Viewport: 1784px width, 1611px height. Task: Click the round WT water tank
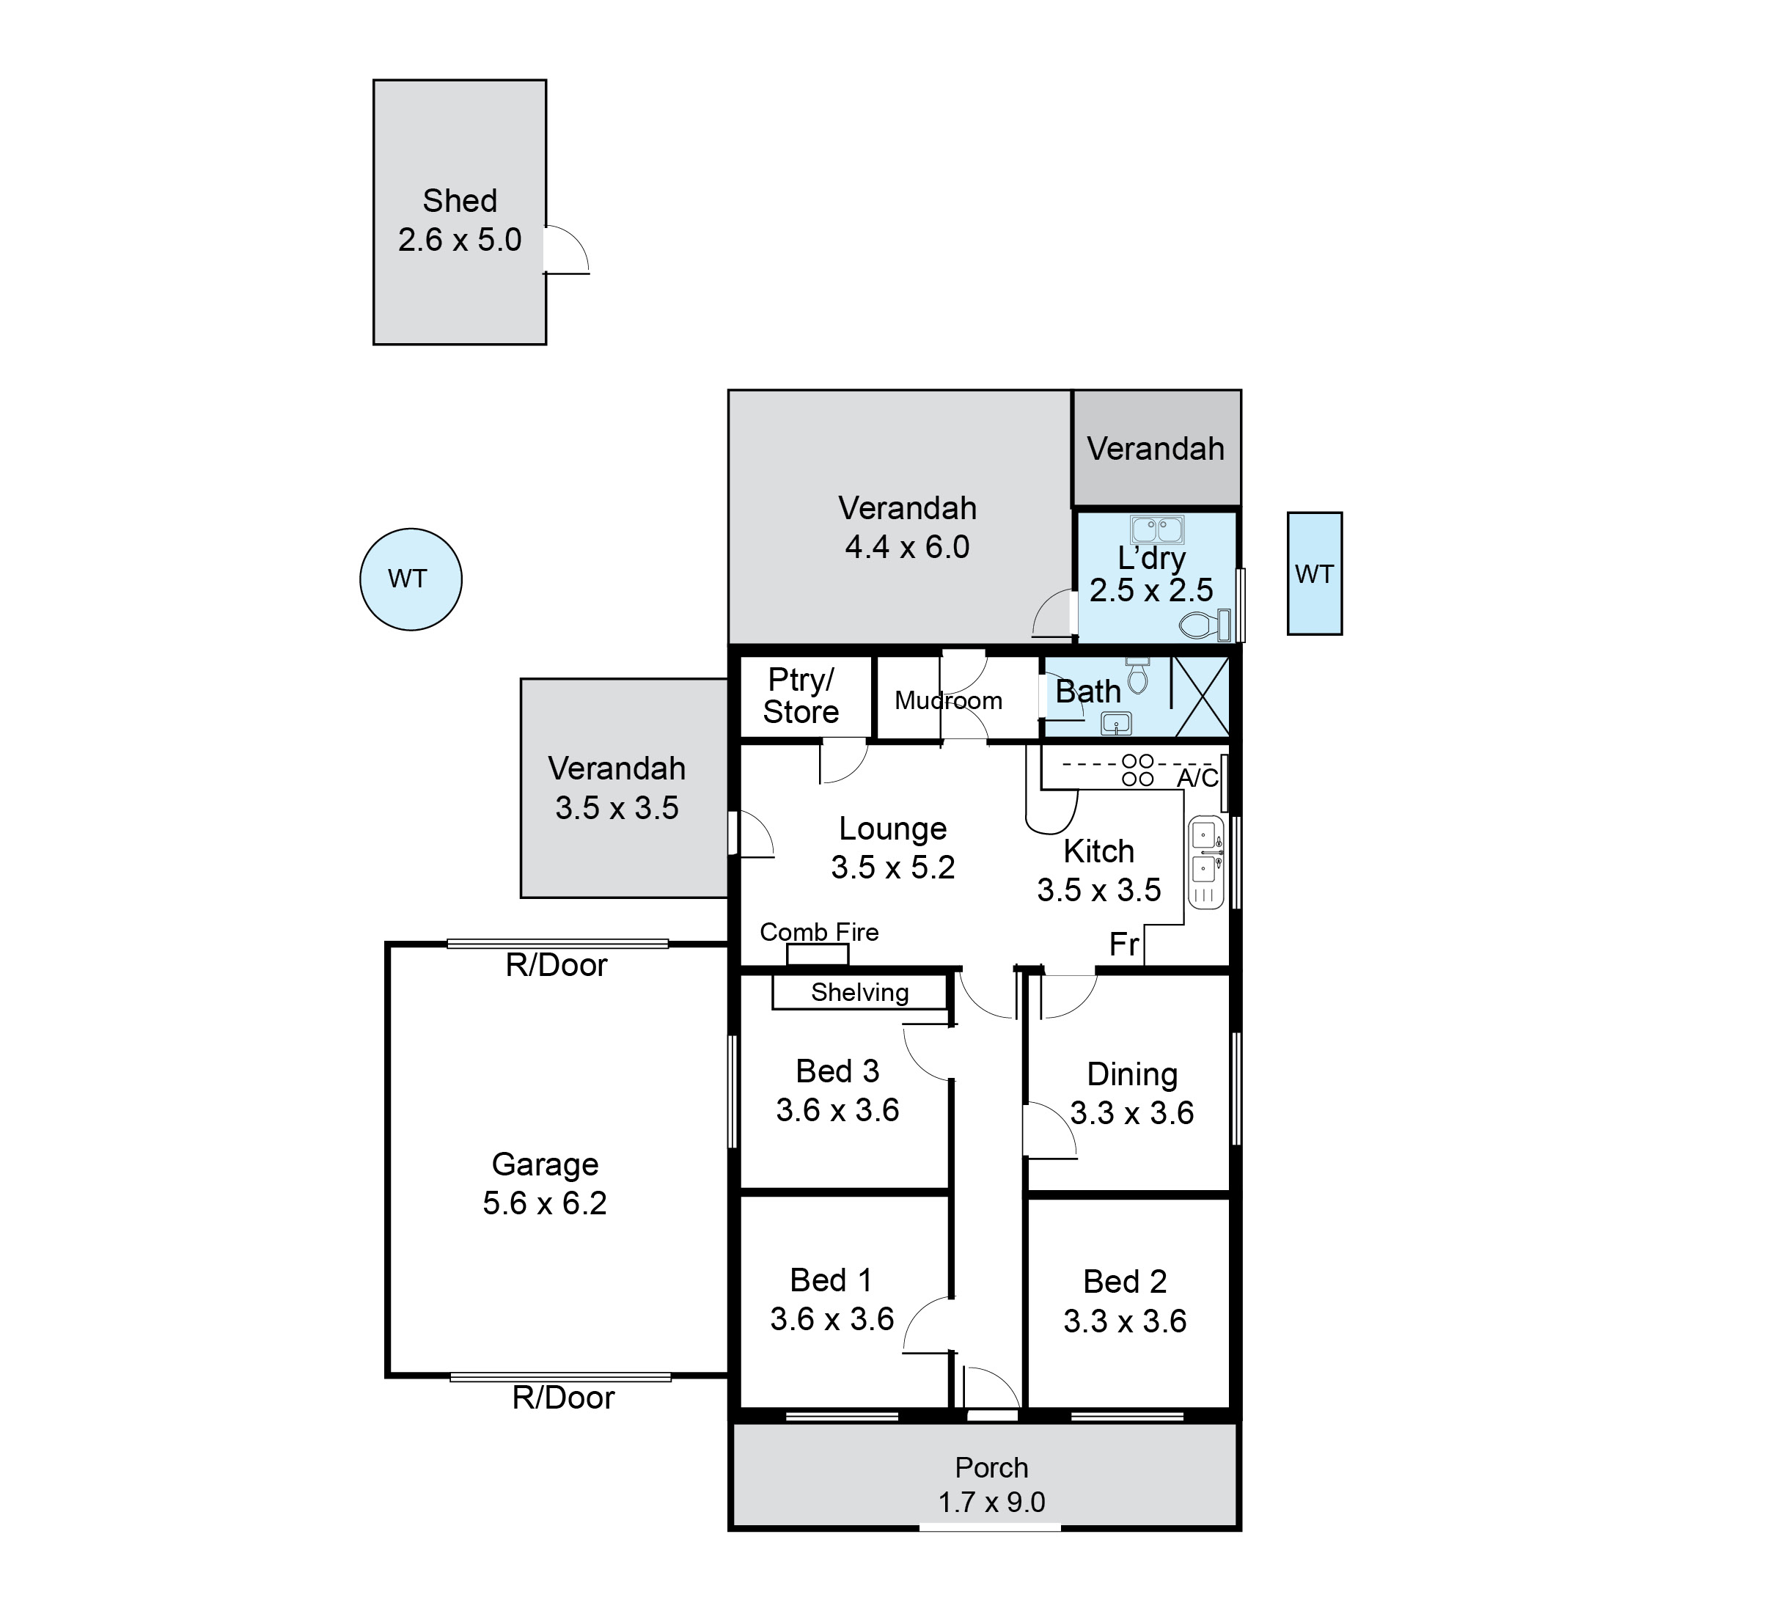pos(411,580)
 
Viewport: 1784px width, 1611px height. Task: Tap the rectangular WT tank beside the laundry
pos(1315,573)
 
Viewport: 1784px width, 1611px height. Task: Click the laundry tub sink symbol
pos(1156,530)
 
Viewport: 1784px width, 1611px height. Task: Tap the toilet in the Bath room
pos(1138,675)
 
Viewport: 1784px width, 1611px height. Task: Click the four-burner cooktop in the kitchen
pos(1138,770)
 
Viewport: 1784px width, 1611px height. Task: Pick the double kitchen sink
pos(1205,863)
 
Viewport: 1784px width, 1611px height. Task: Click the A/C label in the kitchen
pos(1197,778)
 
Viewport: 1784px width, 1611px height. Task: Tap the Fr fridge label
pos(1124,944)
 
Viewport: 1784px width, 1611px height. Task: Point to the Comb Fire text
pos(820,932)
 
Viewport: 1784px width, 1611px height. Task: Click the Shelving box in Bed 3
pos(859,992)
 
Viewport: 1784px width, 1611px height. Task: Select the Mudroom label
pos(949,701)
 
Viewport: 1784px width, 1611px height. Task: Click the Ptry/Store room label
pos(801,696)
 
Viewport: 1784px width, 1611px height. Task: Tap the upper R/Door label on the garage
pos(557,965)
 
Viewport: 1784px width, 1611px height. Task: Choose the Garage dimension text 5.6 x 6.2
pos(545,1203)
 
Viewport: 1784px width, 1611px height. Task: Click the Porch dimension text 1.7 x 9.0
pos(992,1502)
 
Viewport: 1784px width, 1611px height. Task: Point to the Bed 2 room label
pos(1125,1282)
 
